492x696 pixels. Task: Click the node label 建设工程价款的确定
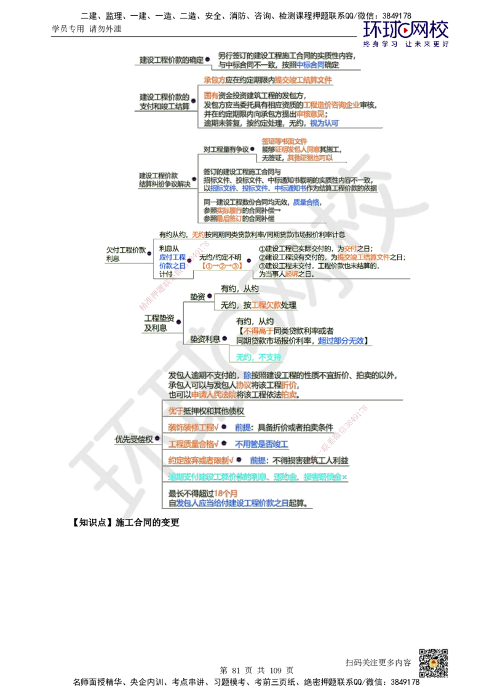pyautogui.click(x=170, y=60)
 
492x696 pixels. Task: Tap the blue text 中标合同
pyautogui.click(x=310, y=64)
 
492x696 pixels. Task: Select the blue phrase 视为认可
pyautogui.click(x=323, y=123)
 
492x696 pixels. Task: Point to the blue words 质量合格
pyautogui.click(x=306, y=202)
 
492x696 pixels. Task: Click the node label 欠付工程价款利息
pyautogui.click(x=125, y=255)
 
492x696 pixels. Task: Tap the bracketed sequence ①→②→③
pyautogui.click(x=220, y=267)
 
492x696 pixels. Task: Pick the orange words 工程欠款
pyautogui.click(x=267, y=305)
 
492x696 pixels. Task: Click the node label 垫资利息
pyautogui.click(x=205, y=339)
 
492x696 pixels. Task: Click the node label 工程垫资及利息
pyautogui.click(x=159, y=323)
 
